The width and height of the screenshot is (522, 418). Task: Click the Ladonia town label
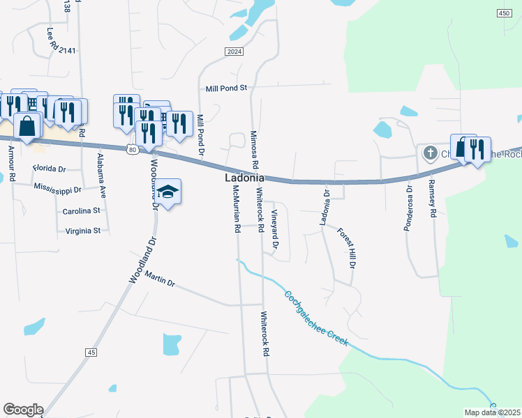(x=244, y=178)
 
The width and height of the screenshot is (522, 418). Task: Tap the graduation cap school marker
(x=167, y=191)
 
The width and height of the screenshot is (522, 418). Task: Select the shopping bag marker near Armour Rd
(x=27, y=127)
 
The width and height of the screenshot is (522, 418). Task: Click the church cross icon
(x=430, y=152)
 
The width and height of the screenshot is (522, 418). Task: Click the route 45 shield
(x=91, y=353)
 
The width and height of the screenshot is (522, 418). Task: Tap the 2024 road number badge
(x=234, y=52)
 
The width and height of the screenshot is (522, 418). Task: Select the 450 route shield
(x=505, y=14)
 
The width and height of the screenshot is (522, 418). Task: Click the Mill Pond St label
(x=227, y=88)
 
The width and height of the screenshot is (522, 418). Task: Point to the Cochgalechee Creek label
(x=315, y=317)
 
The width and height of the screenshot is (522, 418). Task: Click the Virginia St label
(x=83, y=230)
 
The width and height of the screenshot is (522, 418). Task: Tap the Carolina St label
(x=82, y=210)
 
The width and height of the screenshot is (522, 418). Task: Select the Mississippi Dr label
(x=57, y=188)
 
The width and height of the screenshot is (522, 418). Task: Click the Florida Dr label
(x=49, y=169)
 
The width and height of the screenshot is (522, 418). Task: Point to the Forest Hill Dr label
(x=347, y=248)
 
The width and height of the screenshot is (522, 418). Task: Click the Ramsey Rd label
(x=432, y=199)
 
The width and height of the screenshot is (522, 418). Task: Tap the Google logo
(x=23, y=409)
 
